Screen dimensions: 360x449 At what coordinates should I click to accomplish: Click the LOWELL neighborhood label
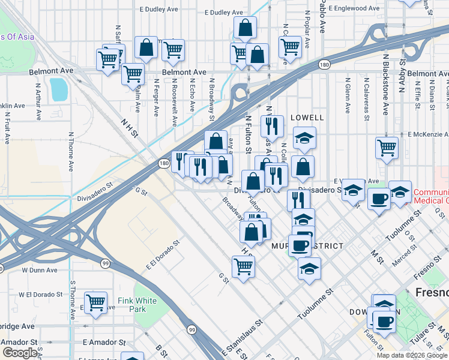[307, 118]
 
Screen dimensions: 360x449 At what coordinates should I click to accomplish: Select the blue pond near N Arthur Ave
[59, 89]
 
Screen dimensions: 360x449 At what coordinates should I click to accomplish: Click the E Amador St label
[104, 342]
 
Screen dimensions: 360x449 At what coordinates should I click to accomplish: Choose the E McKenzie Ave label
[429, 134]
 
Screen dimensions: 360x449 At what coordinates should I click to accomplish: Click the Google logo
[19, 353]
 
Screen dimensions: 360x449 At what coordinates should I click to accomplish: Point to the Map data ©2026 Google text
[412, 355]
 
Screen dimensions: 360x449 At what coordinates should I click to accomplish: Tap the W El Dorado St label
[41, 295]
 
